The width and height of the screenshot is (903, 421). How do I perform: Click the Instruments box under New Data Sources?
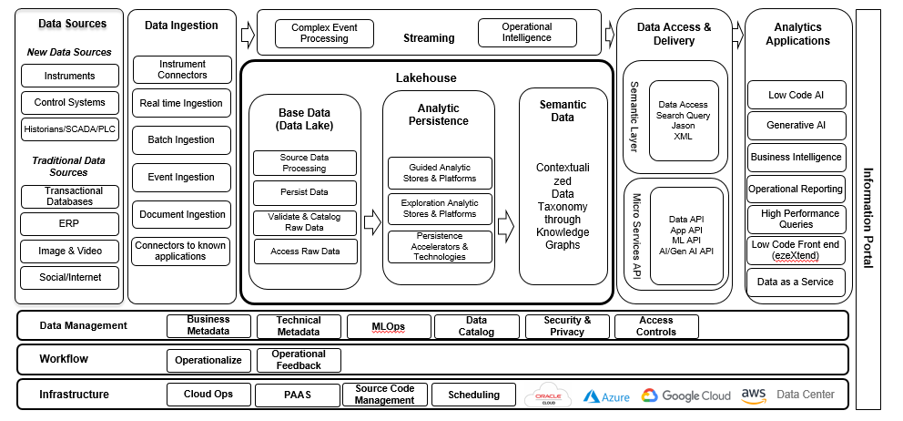click(70, 75)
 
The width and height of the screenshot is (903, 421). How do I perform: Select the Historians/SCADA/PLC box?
click(70, 129)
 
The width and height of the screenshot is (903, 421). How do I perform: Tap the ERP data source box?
click(70, 223)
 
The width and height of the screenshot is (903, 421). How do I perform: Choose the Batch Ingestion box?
click(181, 140)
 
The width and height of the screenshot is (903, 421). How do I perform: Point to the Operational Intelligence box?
click(527, 33)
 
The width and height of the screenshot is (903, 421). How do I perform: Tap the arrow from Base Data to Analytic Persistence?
click(371, 221)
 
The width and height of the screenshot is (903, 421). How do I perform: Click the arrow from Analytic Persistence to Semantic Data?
click(505, 221)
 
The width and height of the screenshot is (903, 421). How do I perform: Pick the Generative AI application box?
click(796, 125)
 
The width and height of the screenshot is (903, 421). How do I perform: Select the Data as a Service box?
click(796, 282)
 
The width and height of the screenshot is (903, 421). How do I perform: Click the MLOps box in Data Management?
click(388, 326)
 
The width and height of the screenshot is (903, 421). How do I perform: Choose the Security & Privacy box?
click(567, 326)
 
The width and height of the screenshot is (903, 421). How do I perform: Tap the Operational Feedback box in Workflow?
click(299, 360)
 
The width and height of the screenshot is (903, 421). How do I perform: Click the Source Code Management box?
click(385, 395)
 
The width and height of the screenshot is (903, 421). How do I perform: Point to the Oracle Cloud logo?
click(548, 395)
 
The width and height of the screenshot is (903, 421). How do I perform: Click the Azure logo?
click(606, 396)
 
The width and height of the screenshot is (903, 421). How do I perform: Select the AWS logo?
click(753, 395)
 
